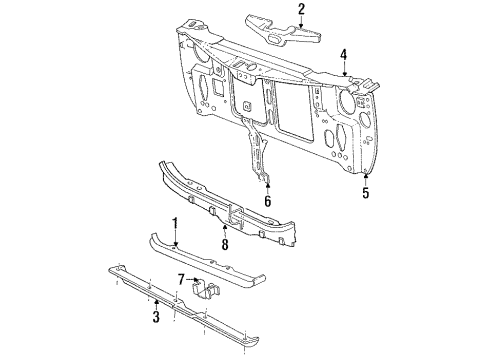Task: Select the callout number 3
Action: (x=156, y=319)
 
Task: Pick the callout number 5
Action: (x=365, y=193)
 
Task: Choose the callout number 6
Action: (x=267, y=201)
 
